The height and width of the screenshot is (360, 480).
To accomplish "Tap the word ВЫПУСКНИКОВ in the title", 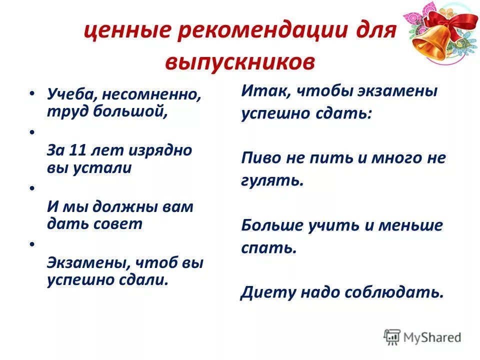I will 239,62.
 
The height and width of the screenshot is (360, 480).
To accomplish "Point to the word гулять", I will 272,180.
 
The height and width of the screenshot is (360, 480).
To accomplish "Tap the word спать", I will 268,248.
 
